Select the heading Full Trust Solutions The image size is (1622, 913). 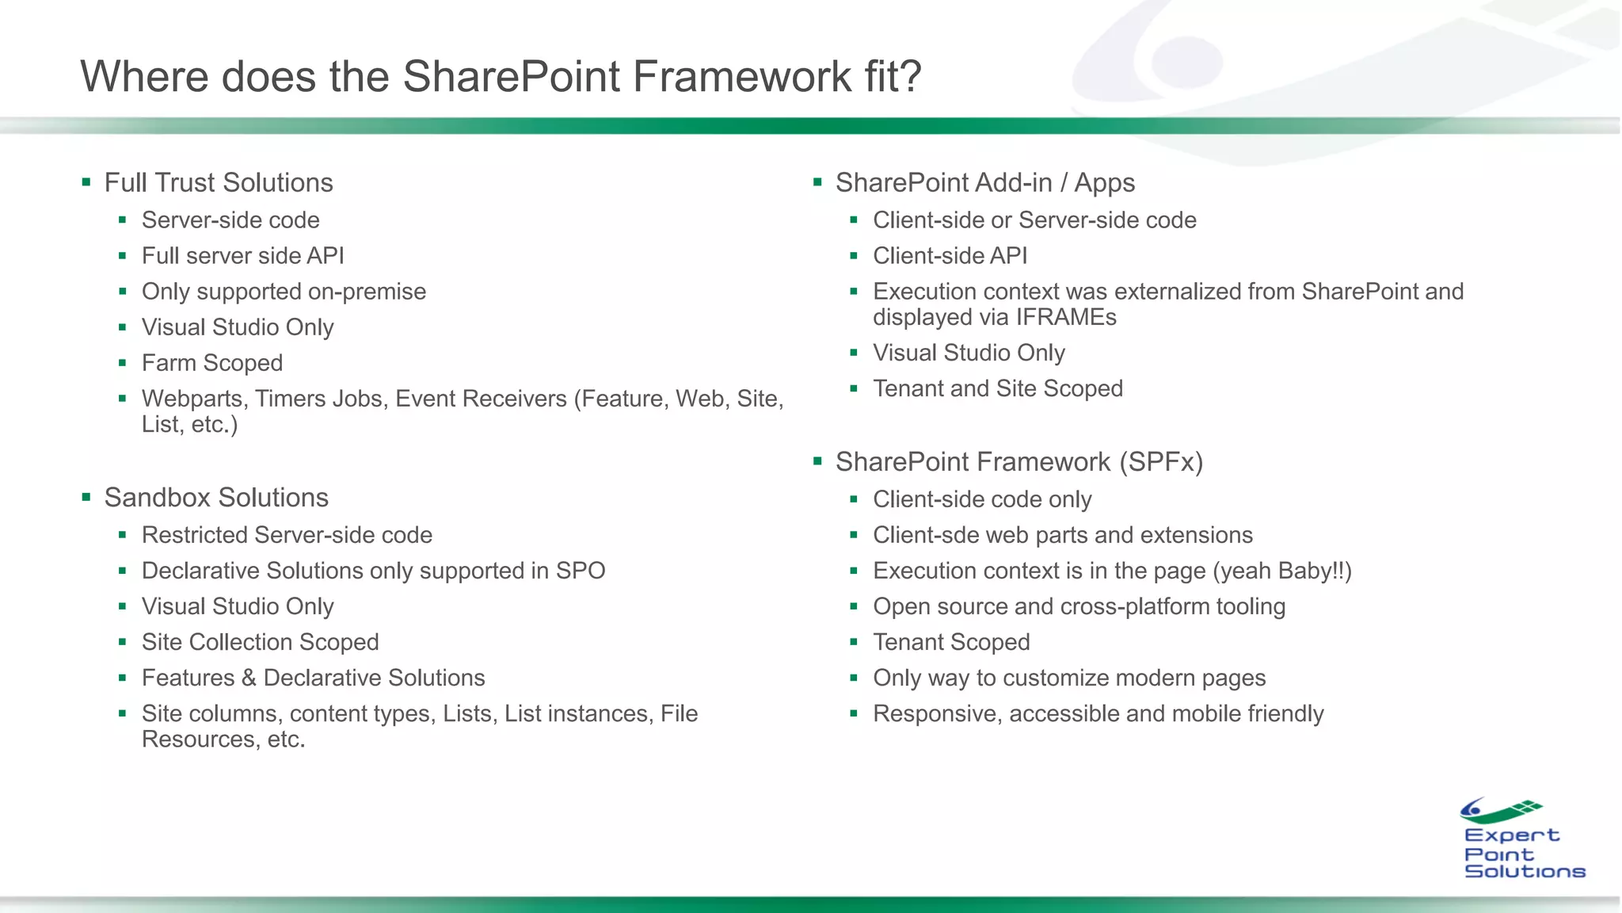pos(219,183)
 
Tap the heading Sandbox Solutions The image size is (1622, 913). pos(216,498)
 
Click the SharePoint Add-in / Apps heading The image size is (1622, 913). pos(984,183)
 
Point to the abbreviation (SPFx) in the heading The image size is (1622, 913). pos(1161,462)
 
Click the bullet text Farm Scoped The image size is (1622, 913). pos(211,363)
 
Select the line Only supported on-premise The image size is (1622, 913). pos(284,292)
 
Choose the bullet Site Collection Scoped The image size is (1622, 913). pos(260,642)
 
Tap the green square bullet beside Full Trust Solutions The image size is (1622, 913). pos(86,183)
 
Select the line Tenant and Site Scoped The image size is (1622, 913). pos(997,389)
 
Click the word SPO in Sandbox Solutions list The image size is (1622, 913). pos(581,571)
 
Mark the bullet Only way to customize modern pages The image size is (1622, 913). pos(1068,678)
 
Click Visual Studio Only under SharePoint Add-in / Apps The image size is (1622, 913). pos(968,353)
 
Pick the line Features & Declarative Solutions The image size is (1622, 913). pos(313,678)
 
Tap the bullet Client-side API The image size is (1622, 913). pos(950,256)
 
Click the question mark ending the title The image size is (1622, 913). pos(910,77)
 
